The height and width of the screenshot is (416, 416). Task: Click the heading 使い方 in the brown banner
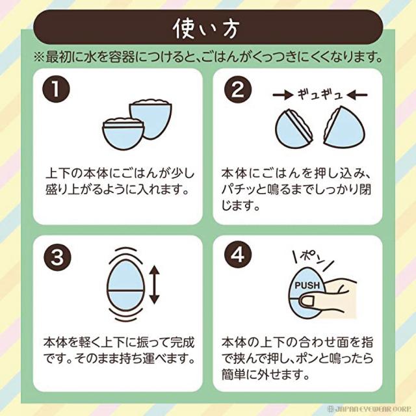pos(206,29)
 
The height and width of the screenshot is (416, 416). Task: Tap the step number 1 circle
pos(56,89)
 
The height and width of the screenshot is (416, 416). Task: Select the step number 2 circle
pos(238,90)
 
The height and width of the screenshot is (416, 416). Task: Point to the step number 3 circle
pos(57,257)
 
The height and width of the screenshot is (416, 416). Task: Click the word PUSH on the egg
pos(307,285)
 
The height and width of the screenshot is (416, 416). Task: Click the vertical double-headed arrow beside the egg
pos(154,285)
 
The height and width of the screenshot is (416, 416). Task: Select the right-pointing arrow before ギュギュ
pos(283,95)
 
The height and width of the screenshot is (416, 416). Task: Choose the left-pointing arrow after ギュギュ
pos(357,95)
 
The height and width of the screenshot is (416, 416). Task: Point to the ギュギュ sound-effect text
pos(320,94)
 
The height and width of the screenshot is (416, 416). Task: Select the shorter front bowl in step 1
pos(123,133)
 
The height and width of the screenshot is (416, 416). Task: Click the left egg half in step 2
pos(294,129)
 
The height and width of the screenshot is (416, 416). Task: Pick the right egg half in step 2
pos(344,127)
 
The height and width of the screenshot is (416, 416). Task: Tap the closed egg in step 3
pos(125,285)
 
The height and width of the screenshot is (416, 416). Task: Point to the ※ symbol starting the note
pos(39,57)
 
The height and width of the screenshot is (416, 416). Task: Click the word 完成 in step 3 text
pos(182,343)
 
